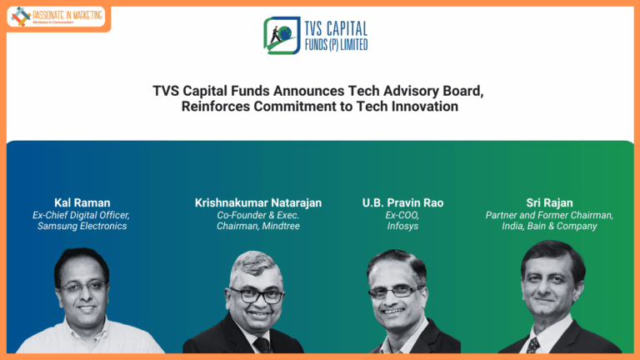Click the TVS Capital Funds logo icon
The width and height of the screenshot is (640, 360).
(279, 35)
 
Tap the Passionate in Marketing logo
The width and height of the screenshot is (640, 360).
(56, 16)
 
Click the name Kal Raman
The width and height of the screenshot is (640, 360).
(82, 202)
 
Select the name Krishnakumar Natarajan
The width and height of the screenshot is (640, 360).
(258, 202)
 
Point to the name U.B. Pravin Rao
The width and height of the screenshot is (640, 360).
(402, 202)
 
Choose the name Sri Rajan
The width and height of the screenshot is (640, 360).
(549, 202)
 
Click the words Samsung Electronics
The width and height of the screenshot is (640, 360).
(82, 226)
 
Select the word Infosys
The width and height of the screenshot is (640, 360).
(402, 226)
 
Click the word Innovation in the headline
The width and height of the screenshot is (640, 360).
(424, 107)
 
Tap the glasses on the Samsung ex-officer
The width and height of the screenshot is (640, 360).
(83, 286)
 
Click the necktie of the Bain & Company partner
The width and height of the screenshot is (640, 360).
(533, 344)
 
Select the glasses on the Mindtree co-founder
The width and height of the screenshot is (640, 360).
(257, 295)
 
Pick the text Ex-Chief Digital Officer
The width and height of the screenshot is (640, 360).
(81, 215)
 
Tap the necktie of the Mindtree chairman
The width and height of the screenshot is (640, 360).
(261, 345)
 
